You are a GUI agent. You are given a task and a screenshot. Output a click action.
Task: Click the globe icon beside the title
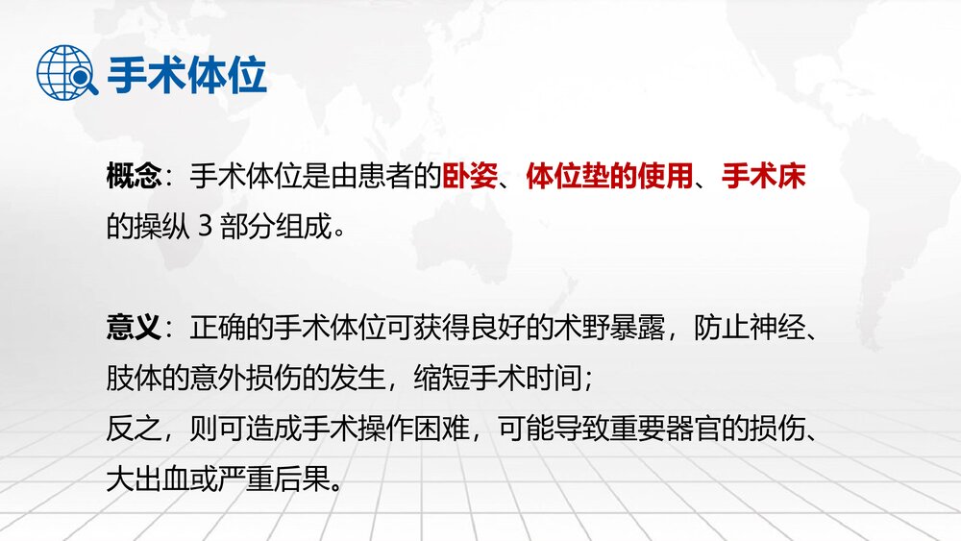pos(66,73)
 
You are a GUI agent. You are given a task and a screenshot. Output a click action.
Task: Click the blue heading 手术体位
pos(186,74)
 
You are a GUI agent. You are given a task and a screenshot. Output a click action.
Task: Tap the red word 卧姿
pos(470,178)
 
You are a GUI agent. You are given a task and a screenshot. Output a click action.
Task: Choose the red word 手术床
pos(763,178)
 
